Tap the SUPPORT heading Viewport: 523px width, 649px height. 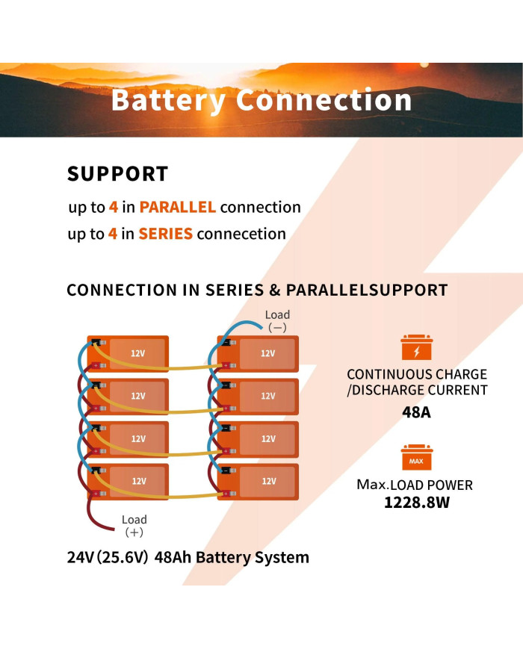coord(117,174)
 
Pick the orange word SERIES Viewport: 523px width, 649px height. coord(165,234)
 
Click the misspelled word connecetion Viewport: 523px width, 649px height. coord(241,234)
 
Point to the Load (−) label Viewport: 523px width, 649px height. coord(277,320)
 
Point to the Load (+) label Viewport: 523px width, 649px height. coord(134,525)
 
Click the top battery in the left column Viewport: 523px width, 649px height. coord(129,353)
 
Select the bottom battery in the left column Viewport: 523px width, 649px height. coord(129,481)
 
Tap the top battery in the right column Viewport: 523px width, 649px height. coord(258,353)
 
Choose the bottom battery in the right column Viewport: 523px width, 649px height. coord(258,481)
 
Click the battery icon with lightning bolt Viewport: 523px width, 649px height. coord(417,349)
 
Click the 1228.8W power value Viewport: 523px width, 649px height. coord(417,503)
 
